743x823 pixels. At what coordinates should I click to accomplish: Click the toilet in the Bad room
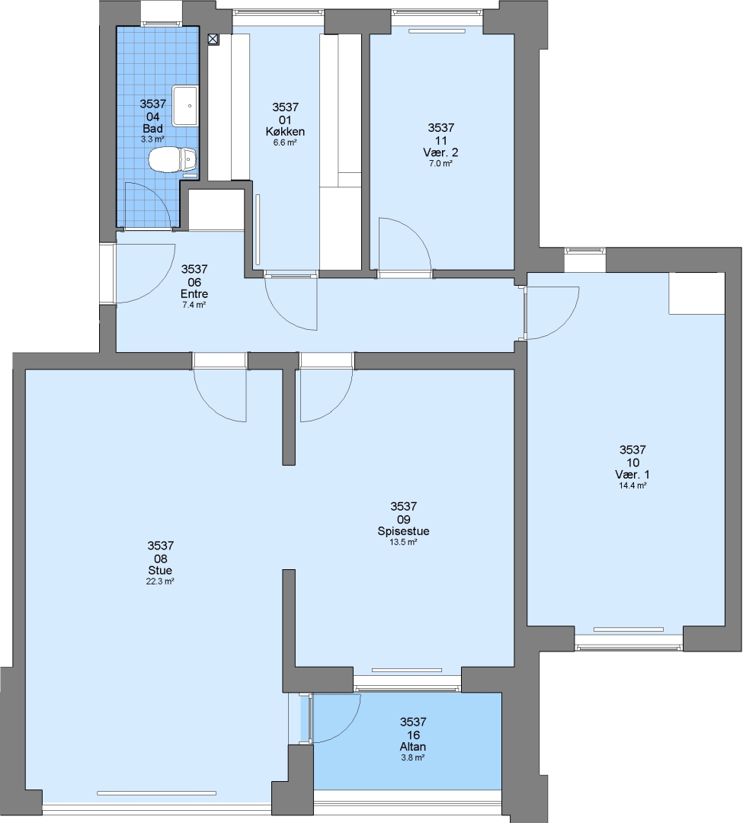pos(173,159)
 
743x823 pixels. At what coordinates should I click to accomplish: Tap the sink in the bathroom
pos(184,106)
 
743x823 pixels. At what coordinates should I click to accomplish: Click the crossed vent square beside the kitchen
pos(213,39)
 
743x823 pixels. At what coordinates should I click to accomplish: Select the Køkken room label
pos(285,132)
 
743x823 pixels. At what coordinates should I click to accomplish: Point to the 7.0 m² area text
pos(440,163)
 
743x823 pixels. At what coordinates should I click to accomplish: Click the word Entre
pos(194,294)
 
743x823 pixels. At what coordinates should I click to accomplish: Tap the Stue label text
pos(160,571)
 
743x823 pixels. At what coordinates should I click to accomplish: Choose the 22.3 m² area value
pos(160,581)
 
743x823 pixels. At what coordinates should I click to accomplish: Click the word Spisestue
pos(404,531)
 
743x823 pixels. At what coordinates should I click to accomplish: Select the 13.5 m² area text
pos(403,543)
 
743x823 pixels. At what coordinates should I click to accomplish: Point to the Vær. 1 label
pos(633,475)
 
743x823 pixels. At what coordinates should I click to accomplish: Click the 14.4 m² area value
pos(633,485)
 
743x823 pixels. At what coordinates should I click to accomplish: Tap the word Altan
pos(413,746)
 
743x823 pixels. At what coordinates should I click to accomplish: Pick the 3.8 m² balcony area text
pos(413,757)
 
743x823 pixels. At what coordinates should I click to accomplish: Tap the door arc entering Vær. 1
pos(565,324)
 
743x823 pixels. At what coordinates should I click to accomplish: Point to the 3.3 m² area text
pos(152,139)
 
